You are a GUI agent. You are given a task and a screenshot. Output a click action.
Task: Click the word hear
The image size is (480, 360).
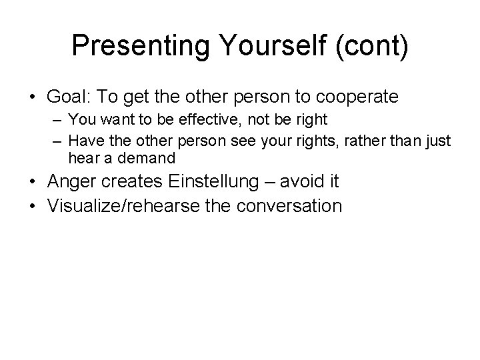point(81,159)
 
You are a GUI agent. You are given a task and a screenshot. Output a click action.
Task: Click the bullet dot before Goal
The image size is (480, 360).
point(33,97)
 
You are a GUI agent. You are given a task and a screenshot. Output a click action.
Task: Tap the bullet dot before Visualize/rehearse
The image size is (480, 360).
point(33,205)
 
